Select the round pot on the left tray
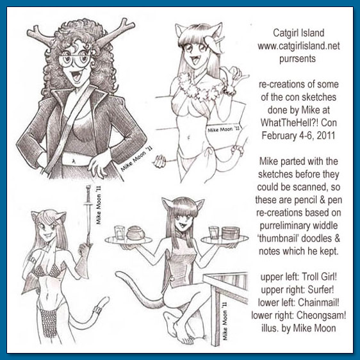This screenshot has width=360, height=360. coord(135,233)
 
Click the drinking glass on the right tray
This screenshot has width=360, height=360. coord(213,233)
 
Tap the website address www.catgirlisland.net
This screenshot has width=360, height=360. coord(299,46)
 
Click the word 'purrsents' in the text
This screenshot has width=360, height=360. coord(297,59)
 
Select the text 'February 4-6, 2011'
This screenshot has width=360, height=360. coord(299,135)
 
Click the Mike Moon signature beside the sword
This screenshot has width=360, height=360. coord(98,205)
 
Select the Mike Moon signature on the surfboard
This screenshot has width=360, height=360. coord(224,129)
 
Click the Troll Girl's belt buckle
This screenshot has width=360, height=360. coord(73,160)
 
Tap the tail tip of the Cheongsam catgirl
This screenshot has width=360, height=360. coord(118,274)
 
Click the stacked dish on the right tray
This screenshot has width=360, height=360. coord(231,233)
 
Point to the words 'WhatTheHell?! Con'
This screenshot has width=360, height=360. coord(299,122)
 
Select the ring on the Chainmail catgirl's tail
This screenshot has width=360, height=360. coord(97,310)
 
